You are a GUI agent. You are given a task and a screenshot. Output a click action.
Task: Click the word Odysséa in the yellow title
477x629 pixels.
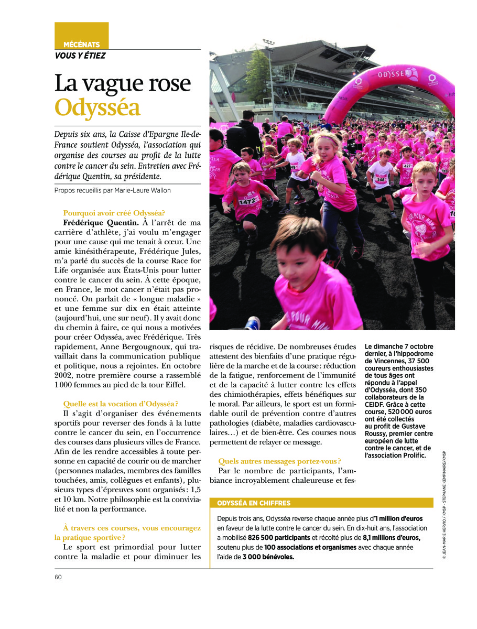coord(98,107)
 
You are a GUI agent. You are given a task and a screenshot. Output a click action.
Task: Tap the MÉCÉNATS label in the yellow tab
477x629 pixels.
coord(81,45)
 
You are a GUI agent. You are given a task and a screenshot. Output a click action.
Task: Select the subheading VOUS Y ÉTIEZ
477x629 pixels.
coord(80,56)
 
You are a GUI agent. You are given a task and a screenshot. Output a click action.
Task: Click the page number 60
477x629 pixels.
coord(58,577)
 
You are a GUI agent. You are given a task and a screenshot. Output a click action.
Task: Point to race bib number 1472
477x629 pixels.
coord(248,201)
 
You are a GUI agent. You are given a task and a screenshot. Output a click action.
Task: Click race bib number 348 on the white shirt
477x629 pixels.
coord(381,179)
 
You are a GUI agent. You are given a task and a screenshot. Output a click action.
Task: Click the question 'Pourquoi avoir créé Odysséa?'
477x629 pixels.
coord(114,213)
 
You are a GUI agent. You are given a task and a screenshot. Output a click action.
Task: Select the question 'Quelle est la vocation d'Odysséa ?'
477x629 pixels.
coord(121,404)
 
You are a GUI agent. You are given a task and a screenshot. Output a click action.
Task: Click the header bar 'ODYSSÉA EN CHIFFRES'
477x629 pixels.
coord(254,503)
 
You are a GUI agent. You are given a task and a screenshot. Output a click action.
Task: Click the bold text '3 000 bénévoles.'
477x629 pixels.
coord(268,557)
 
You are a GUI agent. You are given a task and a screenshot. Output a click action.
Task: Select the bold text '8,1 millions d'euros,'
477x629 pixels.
coord(392,538)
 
